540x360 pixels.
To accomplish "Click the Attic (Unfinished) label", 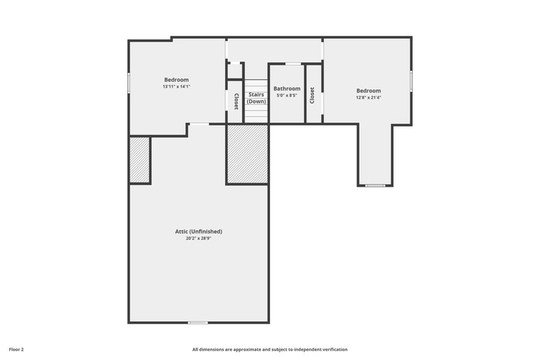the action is pyautogui.click(x=199, y=231).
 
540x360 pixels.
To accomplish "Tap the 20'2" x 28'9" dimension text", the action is pyautogui.click(x=198, y=238).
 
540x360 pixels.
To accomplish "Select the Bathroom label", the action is pyautogui.click(x=287, y=89).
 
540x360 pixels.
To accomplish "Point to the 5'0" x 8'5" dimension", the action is pyautogui.click(x=287, y=96).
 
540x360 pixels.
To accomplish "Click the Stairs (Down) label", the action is pyautogui.click(x=256, y=98).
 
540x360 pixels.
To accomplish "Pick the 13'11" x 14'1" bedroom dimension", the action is pyautogui.click(x=177, y=87).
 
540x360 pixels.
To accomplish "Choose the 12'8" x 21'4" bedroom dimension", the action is pyautogui.click(x=369, y=97).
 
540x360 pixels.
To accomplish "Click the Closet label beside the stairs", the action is pyautogui.click(x=236, y=102).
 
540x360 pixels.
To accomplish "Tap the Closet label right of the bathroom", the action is pyautogui.click(x=312, y=96).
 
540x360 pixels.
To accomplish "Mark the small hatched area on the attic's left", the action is pyautogui.click(x=140, y=160).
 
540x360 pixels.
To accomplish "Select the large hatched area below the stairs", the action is pyautogui.click(x=248, y=154).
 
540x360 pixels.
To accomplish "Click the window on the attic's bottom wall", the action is pyautogui.click(x=198, y=323).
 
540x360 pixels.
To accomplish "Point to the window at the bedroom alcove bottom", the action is pyautogui.click(x=376, y=186).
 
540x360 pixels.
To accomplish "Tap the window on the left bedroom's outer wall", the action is pyautogui.click(x=129, y=82).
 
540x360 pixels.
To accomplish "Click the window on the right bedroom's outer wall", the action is pyautogui.click(x=411, y=81).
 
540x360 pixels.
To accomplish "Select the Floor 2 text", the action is pyautogui.click(x=16, y=350).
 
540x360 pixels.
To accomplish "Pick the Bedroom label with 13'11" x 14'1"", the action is pyautogui.click(x=177, y=80).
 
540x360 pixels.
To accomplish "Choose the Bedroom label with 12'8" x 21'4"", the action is pyautogui.click(x=369, y=91).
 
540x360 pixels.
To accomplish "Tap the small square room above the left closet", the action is pyautogui.click(x=235, y=71).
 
